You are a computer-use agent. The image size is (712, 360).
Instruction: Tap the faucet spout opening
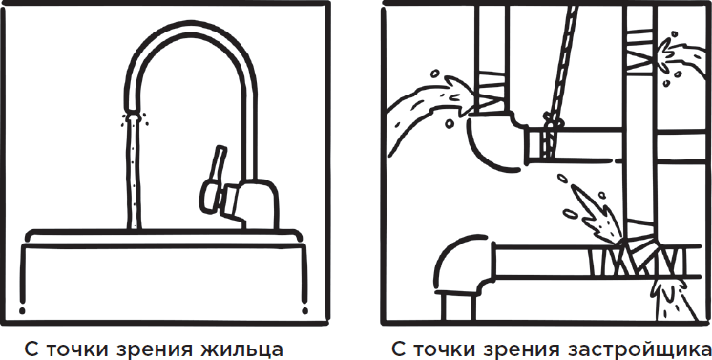133,112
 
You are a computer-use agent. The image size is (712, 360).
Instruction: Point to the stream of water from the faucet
134,172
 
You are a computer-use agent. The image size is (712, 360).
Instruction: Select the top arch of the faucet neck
190,29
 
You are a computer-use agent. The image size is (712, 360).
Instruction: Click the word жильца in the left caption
244,349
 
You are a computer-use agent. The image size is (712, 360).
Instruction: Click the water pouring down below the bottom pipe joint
672,300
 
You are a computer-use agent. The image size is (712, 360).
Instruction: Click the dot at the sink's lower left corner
22,311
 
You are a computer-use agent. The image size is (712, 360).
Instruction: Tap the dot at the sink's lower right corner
304,311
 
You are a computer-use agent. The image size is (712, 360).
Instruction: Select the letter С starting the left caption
31,349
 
